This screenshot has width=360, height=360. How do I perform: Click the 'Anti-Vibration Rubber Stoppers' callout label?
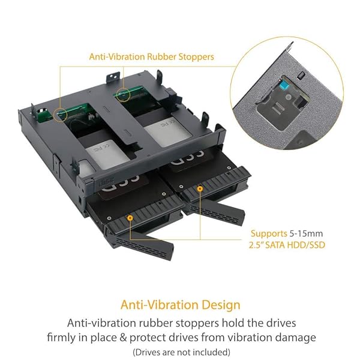click(x=151, y=58)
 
